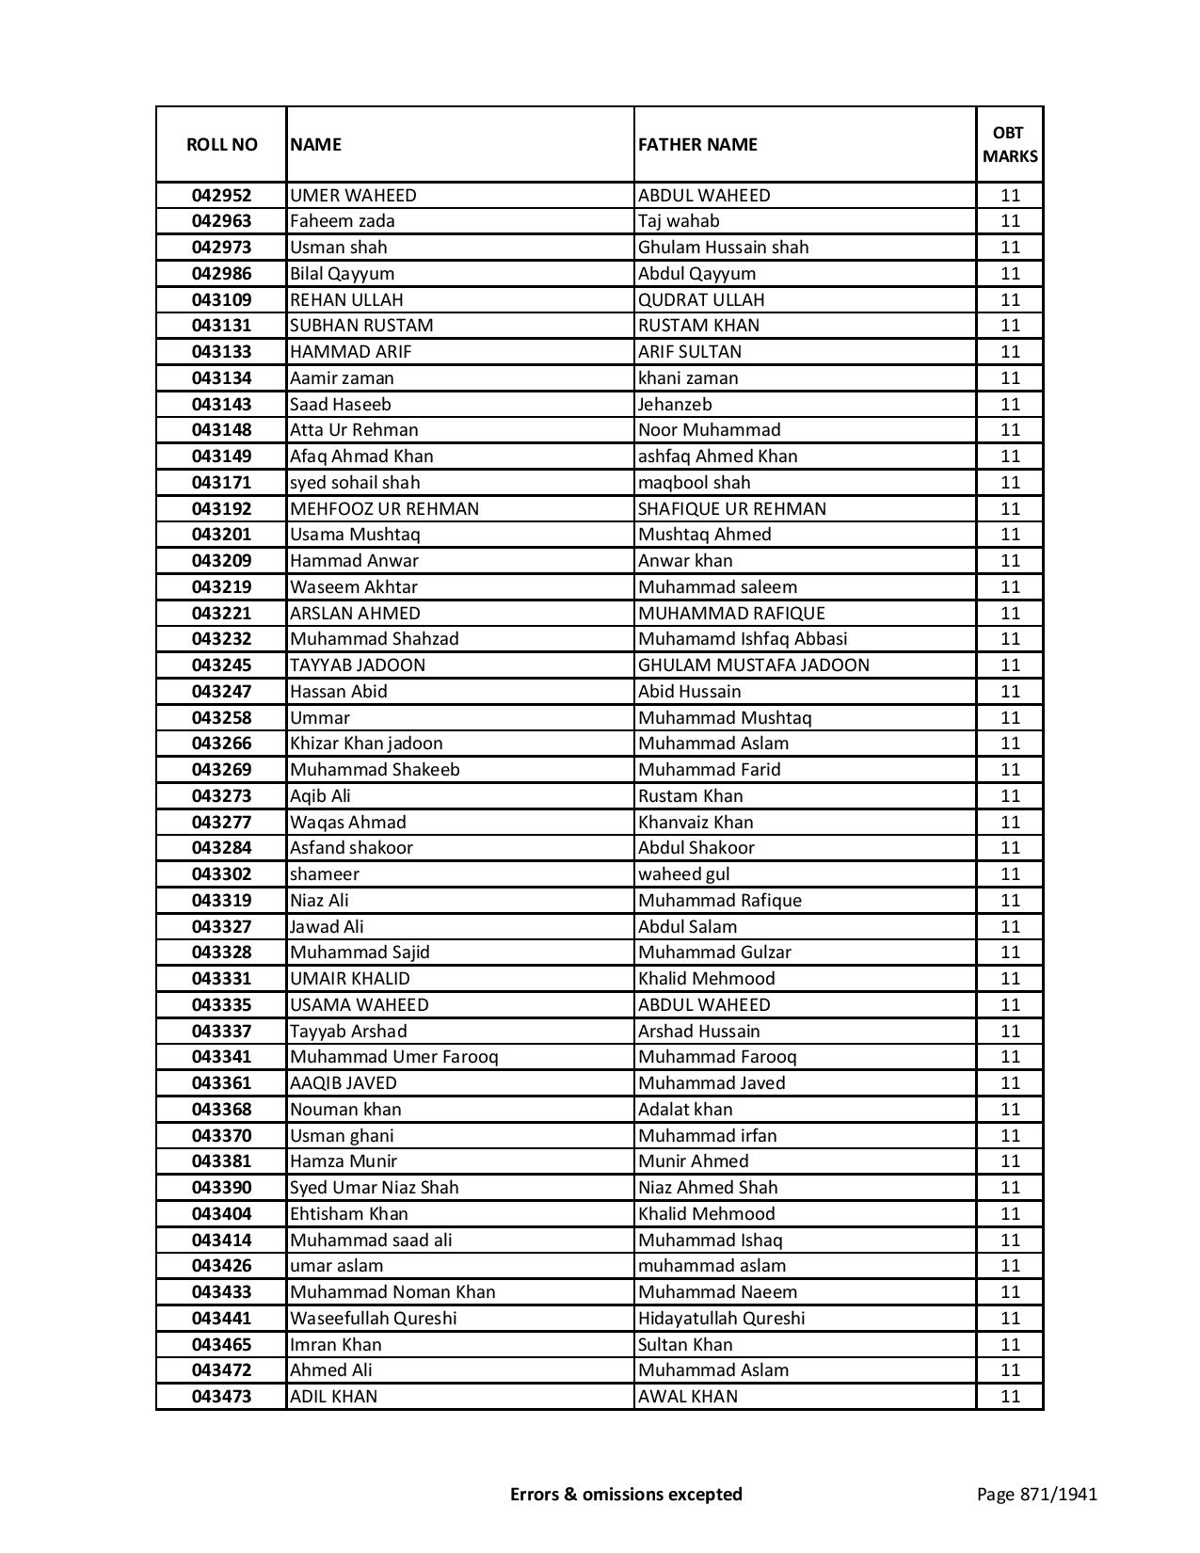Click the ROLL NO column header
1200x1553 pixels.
tap(221, 144)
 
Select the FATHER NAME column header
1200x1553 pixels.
tap(697, 144)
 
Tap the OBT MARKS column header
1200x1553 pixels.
tap(1010, 144)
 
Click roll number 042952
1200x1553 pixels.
tap(221, 196)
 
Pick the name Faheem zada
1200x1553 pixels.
tap(343, 221)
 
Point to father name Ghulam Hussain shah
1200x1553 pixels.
tap(723, 248)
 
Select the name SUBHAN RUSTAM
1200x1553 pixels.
tap(361, 326)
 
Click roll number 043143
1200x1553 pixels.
tap(221, 404)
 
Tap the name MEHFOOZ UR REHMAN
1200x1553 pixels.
tap(384, 509)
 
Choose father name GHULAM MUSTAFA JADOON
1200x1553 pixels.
tap(753, 665)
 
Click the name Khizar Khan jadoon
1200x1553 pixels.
tap(366, 744)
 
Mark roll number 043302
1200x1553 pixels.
tap(221, 874)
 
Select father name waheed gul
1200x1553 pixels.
tap(683, 874)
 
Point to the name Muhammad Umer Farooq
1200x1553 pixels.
tap(393, 1057)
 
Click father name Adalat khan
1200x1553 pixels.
tap(685, 1110)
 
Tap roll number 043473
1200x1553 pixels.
tap(221, 1397)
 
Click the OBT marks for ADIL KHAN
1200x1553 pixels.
tap(1010, 1397)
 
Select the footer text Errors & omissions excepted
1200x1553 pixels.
tap(626, 1494)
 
